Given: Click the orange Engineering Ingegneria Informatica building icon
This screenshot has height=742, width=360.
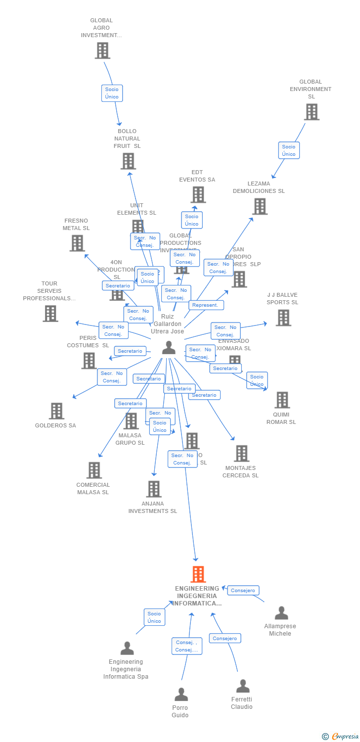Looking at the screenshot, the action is pyautogui.click(x=198, y=574).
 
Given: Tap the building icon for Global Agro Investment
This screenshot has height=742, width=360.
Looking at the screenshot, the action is pyautogui.click(x=102, y=50).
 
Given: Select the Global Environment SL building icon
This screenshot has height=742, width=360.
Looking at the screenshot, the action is pyautogui.click(x=312, y=112).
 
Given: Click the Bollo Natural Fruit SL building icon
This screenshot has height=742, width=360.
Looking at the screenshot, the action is pyautogui.click(x=128, y=161).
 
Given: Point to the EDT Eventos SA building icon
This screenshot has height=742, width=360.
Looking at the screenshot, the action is pyautogui.click(x=198, y=194).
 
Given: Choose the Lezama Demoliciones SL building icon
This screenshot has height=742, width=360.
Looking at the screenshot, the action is pyautogui.click(x=260, y=206).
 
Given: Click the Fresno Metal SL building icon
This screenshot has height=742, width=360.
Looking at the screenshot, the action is pyautogui.click(x=77, y=243).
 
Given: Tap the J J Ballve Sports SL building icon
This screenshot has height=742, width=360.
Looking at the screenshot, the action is pyautogui.click(x=283, y=318).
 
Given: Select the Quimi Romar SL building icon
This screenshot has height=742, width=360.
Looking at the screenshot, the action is pyautogui.click(x=282, y=400).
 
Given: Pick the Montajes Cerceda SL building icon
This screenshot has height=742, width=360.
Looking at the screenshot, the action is pyautogui.click(x=241, y=453).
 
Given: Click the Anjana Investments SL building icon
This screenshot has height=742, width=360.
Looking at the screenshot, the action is pyautogui.click(x=154, y=489).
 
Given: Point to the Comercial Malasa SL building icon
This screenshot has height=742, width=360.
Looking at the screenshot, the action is pyautogui.click(x=94, y=470).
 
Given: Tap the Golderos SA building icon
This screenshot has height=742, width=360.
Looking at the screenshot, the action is pyautogui.click(x=56, y=411).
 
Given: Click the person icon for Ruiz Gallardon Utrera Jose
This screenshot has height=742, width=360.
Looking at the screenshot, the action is pyautogui.click(x=169, y=348).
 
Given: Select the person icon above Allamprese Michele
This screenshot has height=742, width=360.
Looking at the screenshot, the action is pyautogui.click(x=281, y=613).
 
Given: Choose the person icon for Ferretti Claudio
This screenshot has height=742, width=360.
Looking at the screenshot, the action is pyautogui.click(x=242, y=686).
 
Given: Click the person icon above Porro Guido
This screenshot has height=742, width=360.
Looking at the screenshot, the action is pyautogui.click(x=181, y=695).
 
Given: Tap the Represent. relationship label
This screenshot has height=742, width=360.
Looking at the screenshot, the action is pyautogui.click(x=205, y=305).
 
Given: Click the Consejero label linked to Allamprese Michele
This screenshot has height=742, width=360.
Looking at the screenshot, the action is pyautogui.click(x=243, y=591).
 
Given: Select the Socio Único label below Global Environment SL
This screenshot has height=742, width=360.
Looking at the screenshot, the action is pyautogui.click(x=289, y=150).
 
